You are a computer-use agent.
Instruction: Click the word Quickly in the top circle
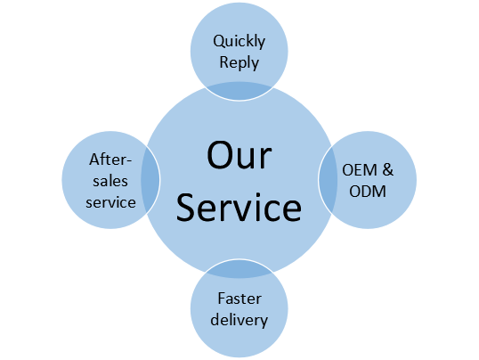tap(239, 42)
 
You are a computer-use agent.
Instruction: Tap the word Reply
tap(239, 63)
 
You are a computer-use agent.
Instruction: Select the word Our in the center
tap(239, 155)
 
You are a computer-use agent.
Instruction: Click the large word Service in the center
tap(239, 208)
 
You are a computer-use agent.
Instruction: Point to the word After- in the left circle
tap(110, 160)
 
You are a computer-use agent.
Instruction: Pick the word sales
tap(110, 181)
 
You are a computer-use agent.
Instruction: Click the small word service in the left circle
tap(110, 202)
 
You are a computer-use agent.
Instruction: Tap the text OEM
tap(360, 170)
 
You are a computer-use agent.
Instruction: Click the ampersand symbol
tap(388, 170)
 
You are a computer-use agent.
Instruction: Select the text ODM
tap(368, 192)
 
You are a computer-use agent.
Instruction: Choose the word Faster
tap(239, 299)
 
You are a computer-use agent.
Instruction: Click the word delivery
tap(239, 320)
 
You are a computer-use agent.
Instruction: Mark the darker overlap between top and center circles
tap(239, 91)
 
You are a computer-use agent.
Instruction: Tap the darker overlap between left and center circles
tap(150, 180)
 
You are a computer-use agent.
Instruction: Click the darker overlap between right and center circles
tap(329, 180)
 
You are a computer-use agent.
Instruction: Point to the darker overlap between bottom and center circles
tap(239, 268)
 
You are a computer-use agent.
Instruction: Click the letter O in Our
tap(219, 155)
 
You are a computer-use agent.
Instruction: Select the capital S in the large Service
tap(186, 208)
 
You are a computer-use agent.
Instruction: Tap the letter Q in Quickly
tap(220, 41)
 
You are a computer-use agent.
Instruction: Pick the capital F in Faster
tap(222, 299)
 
